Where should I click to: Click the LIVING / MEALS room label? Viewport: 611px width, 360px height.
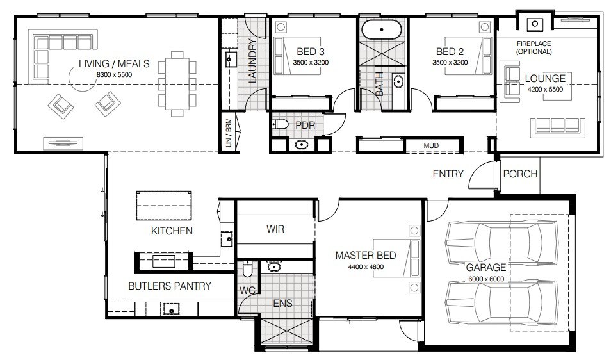point(114,63)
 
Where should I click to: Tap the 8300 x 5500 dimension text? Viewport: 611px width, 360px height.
point(114,75)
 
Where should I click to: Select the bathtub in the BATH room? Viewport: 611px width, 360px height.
point(381,29)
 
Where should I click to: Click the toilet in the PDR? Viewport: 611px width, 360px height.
point(280,125)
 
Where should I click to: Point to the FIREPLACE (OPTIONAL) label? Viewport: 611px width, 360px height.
point(534,47)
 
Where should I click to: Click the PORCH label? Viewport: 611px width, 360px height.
point(520,174)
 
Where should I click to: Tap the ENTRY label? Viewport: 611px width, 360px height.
point(448,174)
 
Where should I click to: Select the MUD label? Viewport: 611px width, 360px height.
point(431,145)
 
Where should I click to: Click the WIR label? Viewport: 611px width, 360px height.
point(275,229)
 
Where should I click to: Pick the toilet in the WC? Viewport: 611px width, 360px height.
point(247,268)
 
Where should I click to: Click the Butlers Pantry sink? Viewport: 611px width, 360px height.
point(171,309)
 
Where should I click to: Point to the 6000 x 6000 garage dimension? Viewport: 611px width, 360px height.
point(486,279)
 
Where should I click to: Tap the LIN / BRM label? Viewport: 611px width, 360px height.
point(229,133)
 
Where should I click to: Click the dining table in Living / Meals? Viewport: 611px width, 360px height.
point(177,84)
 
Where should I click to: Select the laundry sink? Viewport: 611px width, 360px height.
point(229,60)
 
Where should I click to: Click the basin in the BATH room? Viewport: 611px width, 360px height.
point(398,82)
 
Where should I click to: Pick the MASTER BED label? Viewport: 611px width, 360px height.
point(366,255)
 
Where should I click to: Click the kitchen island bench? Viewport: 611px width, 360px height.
point(164,206)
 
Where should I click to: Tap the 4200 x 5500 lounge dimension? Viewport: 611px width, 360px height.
point(545,89)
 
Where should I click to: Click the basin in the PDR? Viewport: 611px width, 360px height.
point(301,145)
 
